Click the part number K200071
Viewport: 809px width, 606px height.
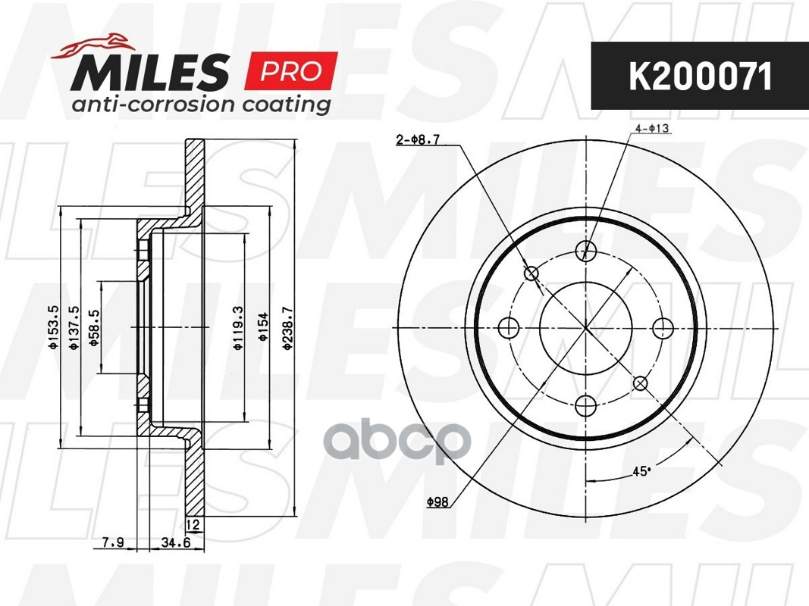700,77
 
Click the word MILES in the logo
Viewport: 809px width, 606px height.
150,71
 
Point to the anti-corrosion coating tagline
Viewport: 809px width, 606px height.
201,104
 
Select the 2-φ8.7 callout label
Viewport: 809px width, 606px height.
418,139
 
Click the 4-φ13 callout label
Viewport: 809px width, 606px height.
652,128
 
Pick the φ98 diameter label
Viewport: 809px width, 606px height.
437,501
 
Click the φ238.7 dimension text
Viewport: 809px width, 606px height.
288,329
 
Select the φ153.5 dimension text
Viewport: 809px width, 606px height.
53,328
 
